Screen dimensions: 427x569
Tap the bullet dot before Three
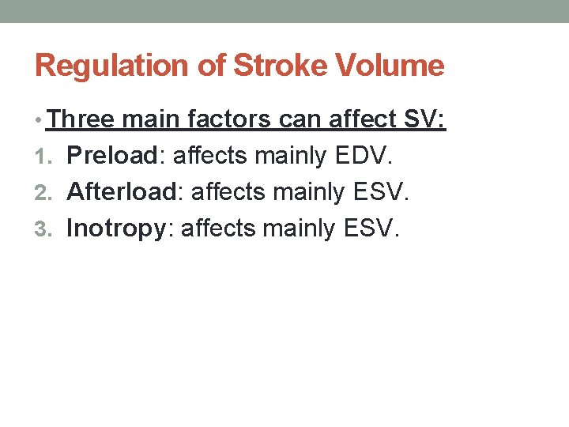pos(40,121)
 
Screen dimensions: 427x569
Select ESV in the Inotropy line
pos(371,229)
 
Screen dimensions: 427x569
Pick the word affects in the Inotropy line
pos(219,229)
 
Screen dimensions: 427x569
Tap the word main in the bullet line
pos(155,120)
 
